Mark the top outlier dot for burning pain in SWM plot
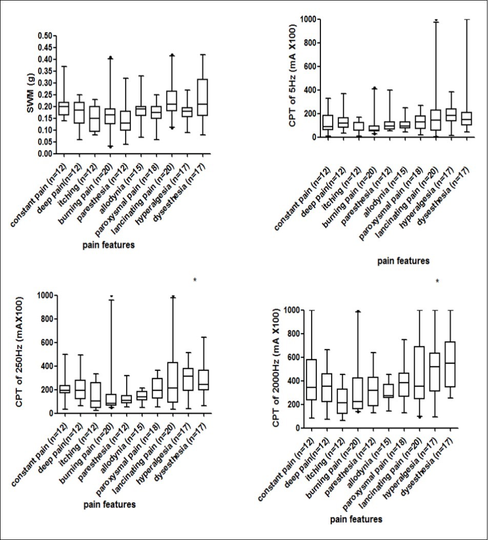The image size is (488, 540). pos(110,57)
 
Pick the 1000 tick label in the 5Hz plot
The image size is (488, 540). pos(312,19)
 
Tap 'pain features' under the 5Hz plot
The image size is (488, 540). pos(403,261)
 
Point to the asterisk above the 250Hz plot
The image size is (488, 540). pos(195,280)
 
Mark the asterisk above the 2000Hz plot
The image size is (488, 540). pos(437,281)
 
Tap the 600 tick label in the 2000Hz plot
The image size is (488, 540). pos(291,358)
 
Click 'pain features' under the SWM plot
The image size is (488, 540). pos(109,245)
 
